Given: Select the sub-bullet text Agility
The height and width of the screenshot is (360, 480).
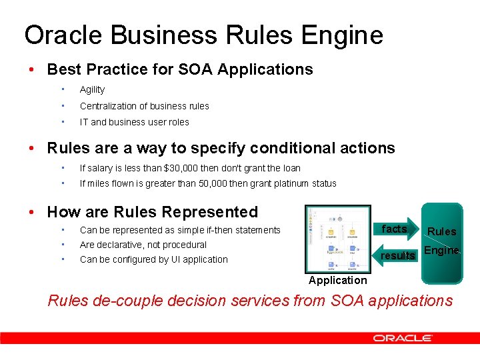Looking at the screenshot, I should click(92, 90).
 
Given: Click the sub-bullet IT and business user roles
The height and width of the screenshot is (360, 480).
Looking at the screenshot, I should click(134, 122).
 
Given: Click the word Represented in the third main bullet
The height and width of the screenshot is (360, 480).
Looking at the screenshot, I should click(209, 212).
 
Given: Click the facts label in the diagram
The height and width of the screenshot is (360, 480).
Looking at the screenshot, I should click(393, 229).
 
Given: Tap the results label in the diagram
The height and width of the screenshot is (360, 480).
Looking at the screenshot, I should click(397, 255).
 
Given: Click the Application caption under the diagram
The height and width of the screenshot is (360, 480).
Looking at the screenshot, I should click(337, 280).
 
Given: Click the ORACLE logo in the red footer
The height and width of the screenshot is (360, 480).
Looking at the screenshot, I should click(411, 338).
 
